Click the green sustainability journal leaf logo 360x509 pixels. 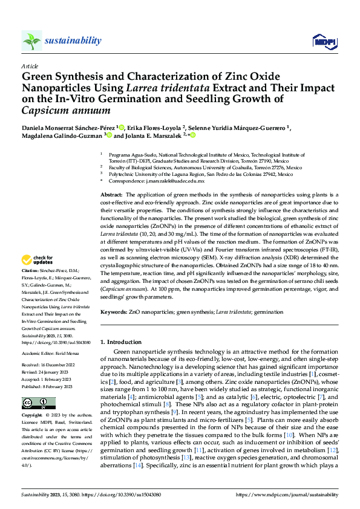31,41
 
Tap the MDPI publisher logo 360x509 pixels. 322,41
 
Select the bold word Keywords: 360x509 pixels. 114,312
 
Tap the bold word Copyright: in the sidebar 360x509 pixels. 33,416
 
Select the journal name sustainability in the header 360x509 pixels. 73,40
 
